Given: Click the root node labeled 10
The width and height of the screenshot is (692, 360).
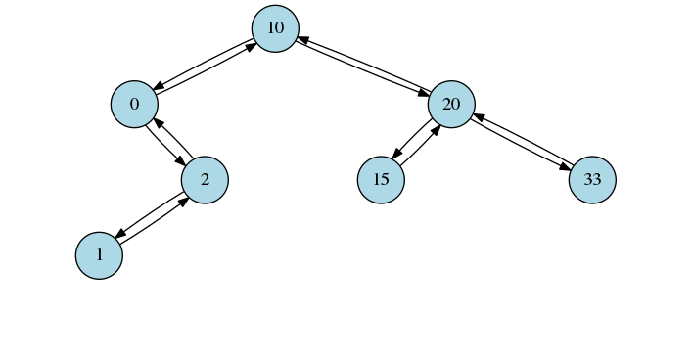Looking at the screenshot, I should coord(275,28).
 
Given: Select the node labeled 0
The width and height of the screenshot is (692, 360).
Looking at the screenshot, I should coord(134,105).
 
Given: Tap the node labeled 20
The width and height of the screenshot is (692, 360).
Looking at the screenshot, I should coord(451,105).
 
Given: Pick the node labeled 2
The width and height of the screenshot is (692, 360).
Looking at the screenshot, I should coord(205,180).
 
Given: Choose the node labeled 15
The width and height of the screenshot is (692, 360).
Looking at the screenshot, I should coord(381,180).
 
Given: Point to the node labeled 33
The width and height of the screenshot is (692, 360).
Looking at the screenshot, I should coord(592,180).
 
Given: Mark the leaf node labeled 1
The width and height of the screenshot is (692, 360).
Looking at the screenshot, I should coord(99,255).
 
